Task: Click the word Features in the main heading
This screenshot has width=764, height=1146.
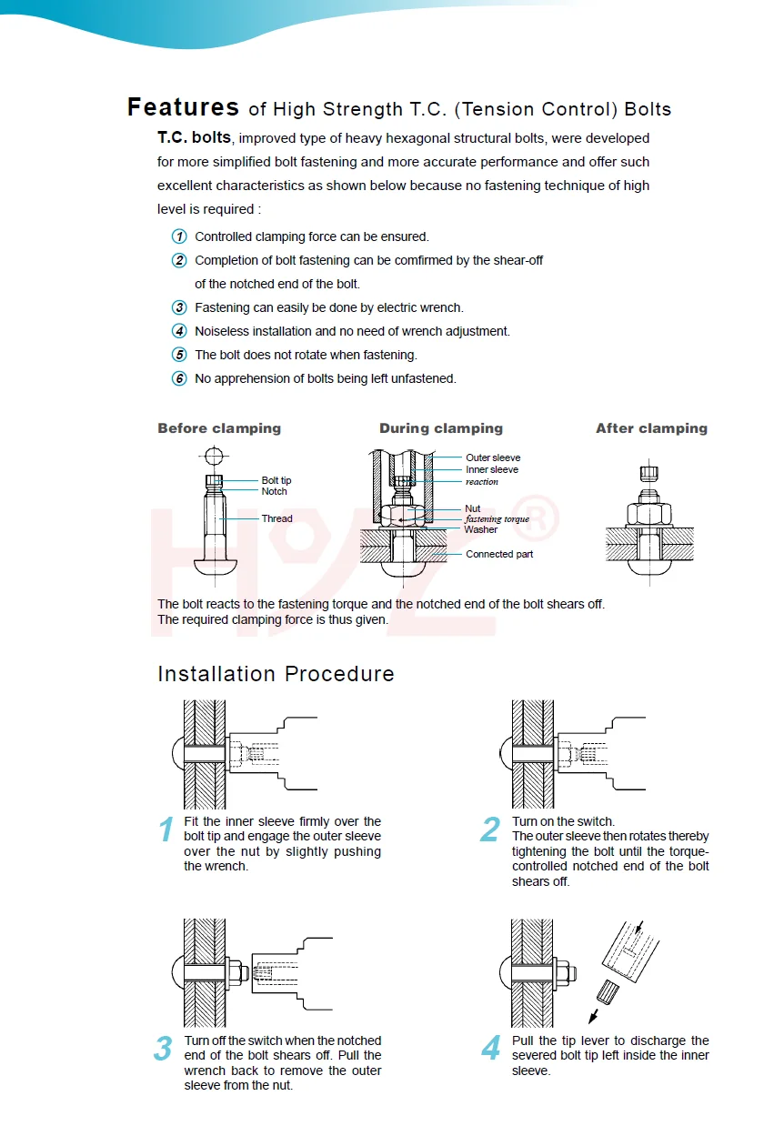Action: point(183,107)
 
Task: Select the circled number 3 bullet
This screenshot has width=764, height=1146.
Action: point(179,307)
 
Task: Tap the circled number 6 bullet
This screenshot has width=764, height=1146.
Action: point(179,378)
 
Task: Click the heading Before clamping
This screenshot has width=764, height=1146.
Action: point(219,428)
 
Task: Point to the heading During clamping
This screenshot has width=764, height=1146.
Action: point(440,428)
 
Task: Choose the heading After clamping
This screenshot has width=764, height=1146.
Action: point(651,428)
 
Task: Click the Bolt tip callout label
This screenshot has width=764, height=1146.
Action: point(276,480)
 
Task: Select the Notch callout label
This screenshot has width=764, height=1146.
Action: point(274,492)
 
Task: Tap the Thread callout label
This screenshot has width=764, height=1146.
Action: point(276,519)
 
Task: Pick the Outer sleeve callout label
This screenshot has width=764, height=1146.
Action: point(493,457)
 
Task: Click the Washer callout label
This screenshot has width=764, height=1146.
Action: point(480,529)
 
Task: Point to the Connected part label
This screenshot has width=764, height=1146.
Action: point(499,554)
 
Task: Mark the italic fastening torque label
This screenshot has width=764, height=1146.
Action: point(497,519)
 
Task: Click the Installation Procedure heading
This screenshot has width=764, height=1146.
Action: point(276,674)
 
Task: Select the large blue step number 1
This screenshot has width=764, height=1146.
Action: point(166,830)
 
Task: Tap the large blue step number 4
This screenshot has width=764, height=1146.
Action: point(491,1050)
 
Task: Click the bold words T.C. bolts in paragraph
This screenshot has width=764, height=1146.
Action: point(194,138)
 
